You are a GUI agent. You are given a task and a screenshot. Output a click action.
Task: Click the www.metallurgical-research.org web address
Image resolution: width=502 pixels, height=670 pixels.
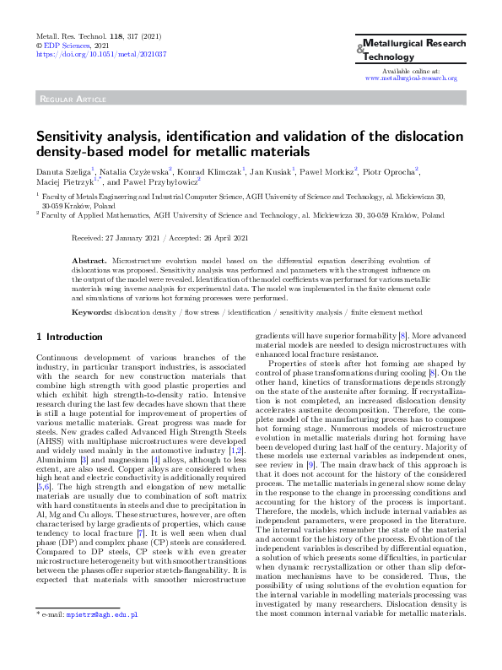(411, 78)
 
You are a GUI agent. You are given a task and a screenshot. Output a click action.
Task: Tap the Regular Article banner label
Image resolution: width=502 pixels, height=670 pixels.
(69, 100)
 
